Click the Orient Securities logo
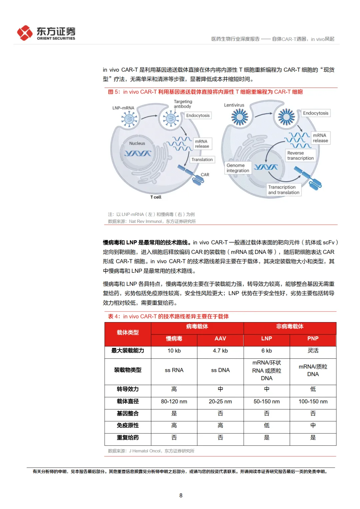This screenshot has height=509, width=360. (46, 33)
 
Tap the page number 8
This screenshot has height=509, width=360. (181, 495)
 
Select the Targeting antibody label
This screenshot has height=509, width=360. (183, 104)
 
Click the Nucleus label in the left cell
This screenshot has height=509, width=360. (137, 143)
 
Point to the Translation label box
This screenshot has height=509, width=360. (202, 160)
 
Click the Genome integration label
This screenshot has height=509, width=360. (238, 168)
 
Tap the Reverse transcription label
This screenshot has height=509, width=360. (300, 156)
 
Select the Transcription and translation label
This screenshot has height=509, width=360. (284, 190)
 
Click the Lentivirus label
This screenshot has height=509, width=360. (234, 105)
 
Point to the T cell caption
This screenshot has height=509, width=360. (156, 197)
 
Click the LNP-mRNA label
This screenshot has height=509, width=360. (123, 108)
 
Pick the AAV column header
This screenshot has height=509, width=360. (220, 338)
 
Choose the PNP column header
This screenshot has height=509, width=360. (313, 338)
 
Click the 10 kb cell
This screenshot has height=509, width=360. (174, 351)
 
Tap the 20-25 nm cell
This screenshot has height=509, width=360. (220, 401)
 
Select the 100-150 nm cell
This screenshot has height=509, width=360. (313, 401)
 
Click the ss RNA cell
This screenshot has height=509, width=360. (174, 370)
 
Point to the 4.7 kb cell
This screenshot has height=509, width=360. (220, 351)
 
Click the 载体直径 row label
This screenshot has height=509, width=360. (128, 401)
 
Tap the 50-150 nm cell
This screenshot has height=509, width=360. (267, 401)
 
